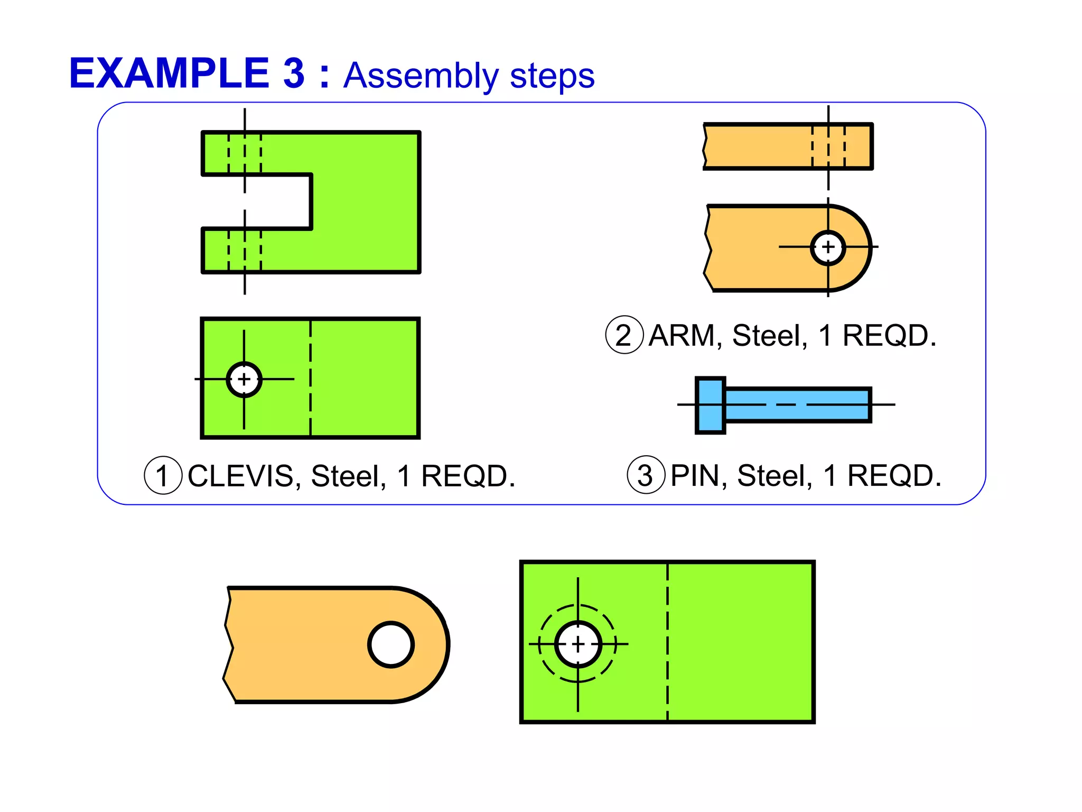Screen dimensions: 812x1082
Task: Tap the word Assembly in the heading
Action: tap(421, 76)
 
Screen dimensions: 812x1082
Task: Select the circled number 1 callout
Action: tap(163, 475)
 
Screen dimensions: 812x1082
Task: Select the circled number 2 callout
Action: tap(624, 335)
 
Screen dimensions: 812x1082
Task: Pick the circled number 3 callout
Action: tap(645, 475)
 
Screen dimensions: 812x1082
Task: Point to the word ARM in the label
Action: tap(682, 335)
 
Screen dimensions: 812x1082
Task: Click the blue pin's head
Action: tap(710, 405)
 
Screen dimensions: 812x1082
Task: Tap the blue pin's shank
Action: tap(798, 405)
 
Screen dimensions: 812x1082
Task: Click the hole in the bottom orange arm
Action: tap(391, 644)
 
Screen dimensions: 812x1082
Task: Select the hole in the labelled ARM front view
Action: tap(828, 247)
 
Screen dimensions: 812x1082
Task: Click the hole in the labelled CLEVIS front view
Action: tap(244, 379)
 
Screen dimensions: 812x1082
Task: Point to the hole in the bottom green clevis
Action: tap(578, 644)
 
